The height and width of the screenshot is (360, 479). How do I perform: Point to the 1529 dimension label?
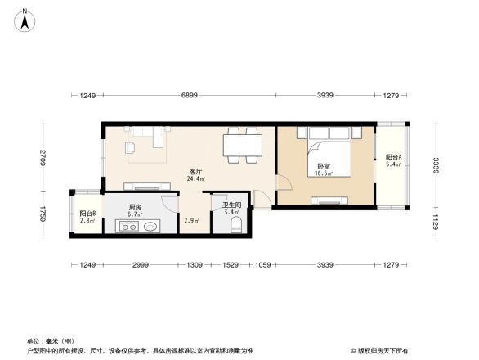[x=231, y=264]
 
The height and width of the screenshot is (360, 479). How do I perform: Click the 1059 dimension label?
[x=263, y=264]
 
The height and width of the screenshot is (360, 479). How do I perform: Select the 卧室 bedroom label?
[x=325, y=166]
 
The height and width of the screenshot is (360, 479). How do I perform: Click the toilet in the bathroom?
[x=235, y=225]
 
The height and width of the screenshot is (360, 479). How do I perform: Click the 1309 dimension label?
[x=195, y=264]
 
